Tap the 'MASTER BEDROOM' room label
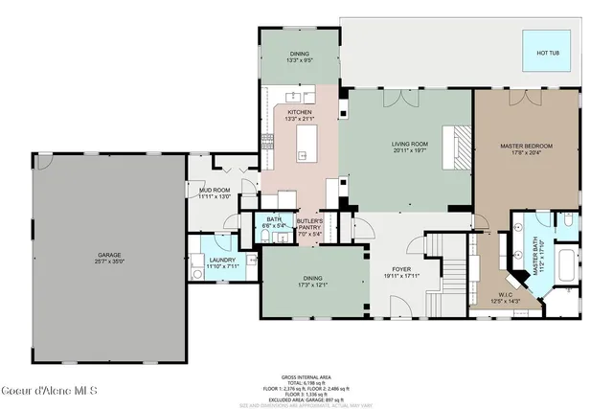[x=526, y=146]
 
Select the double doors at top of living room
[x=395, y=98]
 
